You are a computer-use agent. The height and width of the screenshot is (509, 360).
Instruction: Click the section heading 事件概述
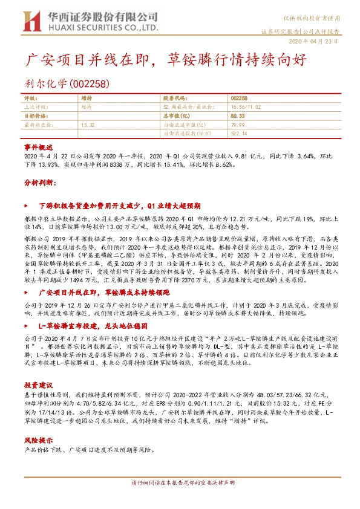pyautogui.click(x=39, y=148)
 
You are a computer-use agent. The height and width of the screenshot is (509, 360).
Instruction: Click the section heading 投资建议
pyautogui.click(x=39, y=384)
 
